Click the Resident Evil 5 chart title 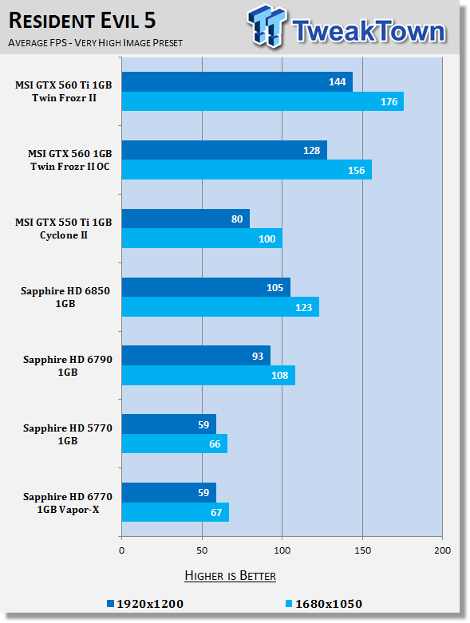pos(82,21)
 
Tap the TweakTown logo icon pos(267,26)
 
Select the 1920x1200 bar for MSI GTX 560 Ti pos(237,82)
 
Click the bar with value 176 pos(263,101)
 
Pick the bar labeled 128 pos(224,150)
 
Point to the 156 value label pos(357,171)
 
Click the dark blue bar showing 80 pos(186,219)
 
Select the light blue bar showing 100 pos(202,239)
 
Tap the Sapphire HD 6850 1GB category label pos(65,298)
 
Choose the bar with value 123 pos(220,307)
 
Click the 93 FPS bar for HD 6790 pos(196,356)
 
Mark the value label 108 pos(280,376)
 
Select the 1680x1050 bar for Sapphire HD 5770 pos(175,444)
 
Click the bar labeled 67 pos(176,512)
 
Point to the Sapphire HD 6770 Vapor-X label pos(68,503)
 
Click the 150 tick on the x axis pos(362,550)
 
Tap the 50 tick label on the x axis pos(202,550)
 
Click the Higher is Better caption pos(231,576)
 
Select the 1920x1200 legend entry pos(145,604)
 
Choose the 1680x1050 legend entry pos(324,604)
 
